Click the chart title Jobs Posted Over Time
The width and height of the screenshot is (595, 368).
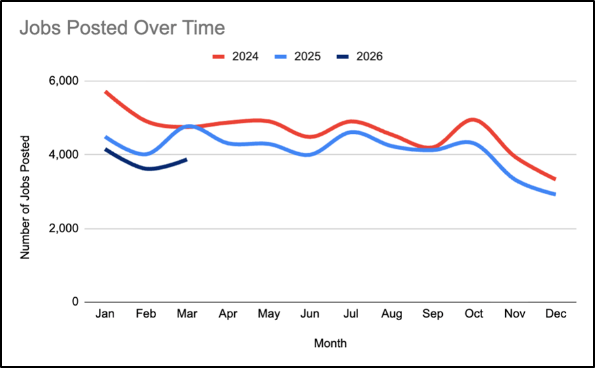pos(122,28)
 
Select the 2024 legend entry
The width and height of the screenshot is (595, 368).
pos(236,56)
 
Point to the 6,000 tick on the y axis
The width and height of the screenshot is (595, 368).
pos(64,81)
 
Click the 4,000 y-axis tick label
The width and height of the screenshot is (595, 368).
pos(64,155)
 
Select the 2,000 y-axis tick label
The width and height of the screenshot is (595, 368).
pos(64,229)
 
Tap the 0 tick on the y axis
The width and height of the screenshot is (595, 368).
pos(75,302)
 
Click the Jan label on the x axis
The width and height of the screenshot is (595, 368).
pos(105,314)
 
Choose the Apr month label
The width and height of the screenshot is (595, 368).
pos(228,314)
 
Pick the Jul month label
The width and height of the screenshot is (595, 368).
pos(351,314)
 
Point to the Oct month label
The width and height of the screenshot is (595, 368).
pos(474,314)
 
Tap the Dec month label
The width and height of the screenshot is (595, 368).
pos(556,314)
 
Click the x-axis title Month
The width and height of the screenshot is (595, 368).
pos(330,343)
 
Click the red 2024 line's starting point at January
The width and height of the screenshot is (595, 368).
pos(105,91)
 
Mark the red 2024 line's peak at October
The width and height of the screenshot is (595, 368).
pos(474,120)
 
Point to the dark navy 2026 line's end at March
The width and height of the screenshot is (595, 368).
pos(187,159)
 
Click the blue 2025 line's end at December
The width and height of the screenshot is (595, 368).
pos(556,194)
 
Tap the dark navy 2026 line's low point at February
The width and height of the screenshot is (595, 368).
pos(148,169)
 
